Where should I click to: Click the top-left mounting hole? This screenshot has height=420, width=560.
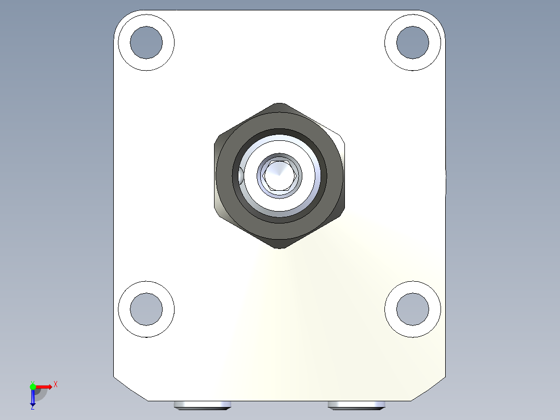(146, 42)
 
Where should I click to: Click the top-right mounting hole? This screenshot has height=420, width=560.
(412, 42)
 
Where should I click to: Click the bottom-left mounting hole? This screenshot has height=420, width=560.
(146, 309)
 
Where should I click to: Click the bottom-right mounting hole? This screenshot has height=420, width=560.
(412, 309)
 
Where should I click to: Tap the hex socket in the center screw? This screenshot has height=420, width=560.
(280, 175)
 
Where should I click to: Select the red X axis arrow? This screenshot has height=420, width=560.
(45, 386)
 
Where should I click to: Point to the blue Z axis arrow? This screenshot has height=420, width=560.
(33, 398)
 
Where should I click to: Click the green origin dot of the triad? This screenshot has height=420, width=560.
(33, 386)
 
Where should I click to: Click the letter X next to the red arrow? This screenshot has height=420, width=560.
(55, 385)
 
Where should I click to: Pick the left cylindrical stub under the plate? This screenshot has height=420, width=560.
(203, 405)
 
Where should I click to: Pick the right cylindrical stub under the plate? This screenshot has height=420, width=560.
(356, 405)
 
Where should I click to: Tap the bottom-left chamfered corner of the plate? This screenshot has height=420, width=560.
(130, 388)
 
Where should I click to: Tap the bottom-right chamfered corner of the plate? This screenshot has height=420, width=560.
(429, 388)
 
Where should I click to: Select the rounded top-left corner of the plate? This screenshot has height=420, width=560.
(121, 18)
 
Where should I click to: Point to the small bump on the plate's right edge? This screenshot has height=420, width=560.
(446, 182)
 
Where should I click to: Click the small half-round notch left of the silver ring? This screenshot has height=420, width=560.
(241, 176)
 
